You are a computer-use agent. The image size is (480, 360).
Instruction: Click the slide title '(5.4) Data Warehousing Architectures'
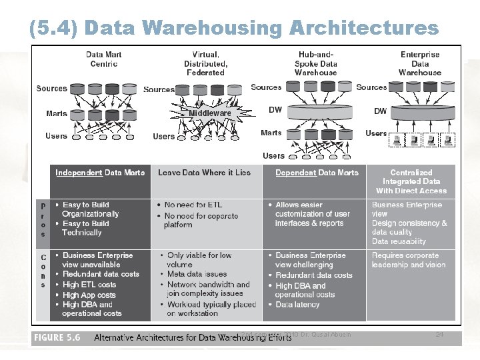[234, 27]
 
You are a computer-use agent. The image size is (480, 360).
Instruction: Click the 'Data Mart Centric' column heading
[103, 59]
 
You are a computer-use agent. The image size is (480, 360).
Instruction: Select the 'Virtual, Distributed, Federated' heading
[206, 63]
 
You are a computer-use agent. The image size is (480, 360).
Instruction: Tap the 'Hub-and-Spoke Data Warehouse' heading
[316, 63]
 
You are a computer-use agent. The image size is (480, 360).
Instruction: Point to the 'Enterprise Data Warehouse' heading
[420, 63]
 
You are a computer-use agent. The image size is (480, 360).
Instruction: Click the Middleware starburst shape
[210, 113]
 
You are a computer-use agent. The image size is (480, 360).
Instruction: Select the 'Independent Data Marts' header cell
[100, 173]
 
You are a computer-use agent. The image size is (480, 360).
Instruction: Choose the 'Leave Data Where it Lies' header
[204, 173]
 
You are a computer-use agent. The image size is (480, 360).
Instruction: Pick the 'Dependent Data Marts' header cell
[317, 173]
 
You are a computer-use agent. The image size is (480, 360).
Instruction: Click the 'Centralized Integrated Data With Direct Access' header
[411, 181]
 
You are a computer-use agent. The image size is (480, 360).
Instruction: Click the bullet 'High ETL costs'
[89, 285]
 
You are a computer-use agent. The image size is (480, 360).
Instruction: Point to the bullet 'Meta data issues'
[197, 274]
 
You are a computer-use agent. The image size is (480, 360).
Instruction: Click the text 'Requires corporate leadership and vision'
[409, 260]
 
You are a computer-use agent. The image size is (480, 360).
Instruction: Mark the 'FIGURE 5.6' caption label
[57, 338]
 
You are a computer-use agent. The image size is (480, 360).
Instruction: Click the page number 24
[439, 334]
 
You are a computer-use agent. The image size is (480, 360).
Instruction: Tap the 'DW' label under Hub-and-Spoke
[275, 110]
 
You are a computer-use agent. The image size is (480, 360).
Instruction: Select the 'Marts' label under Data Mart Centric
[57, 113]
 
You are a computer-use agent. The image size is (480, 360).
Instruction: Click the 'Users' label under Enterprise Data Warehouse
[377, 133]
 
